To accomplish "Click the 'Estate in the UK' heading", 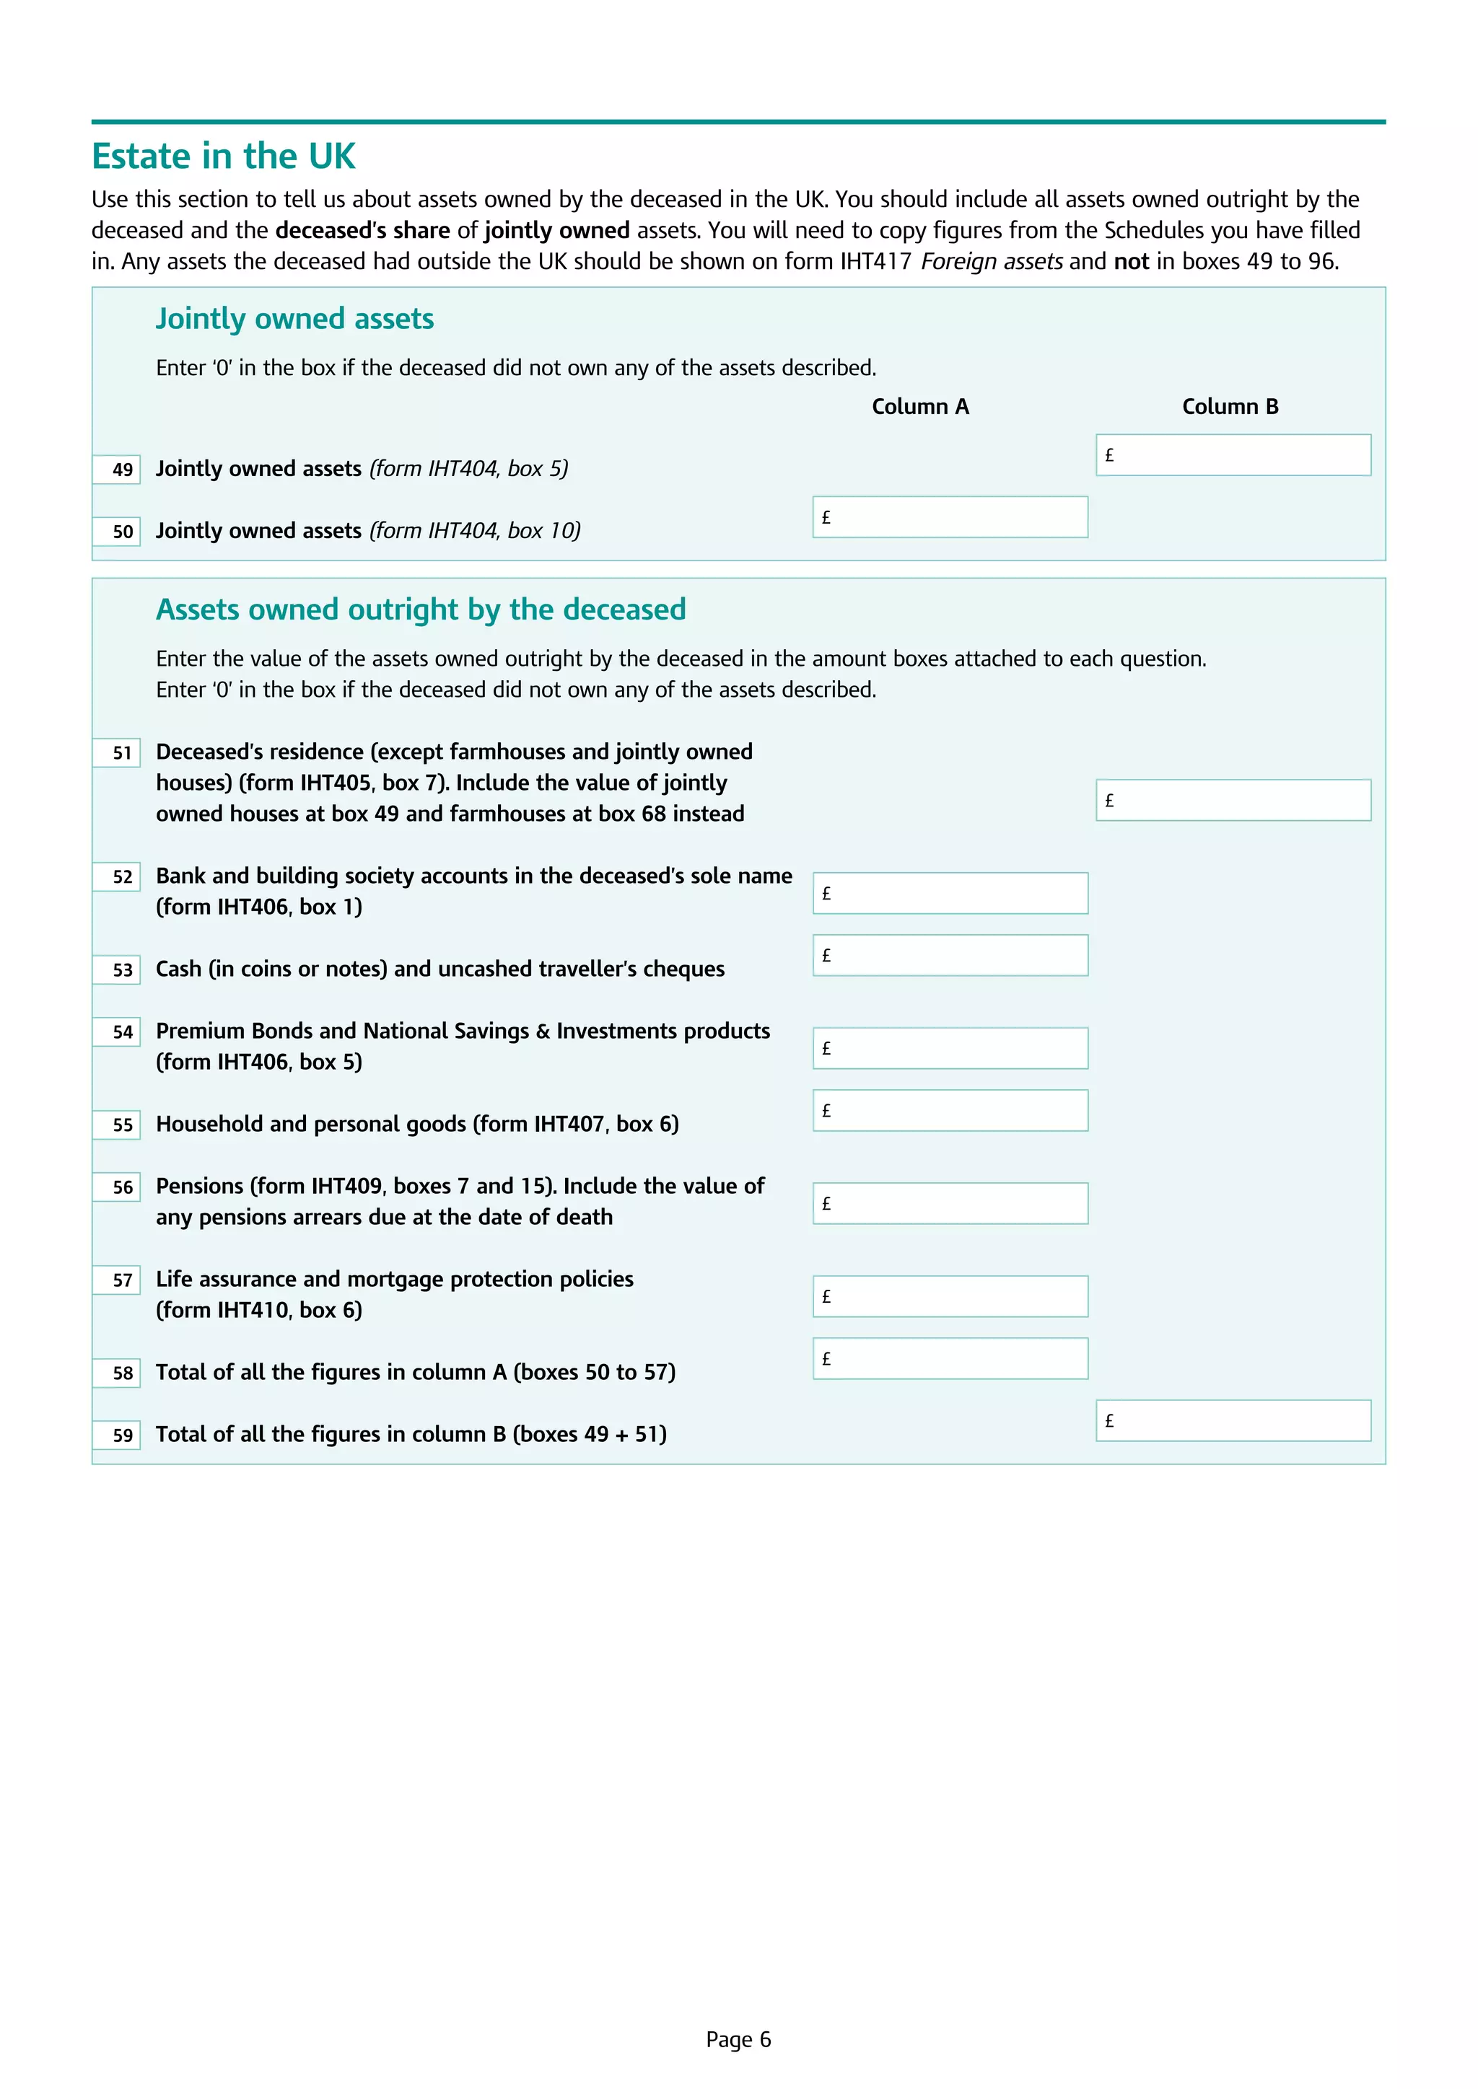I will pyautogui.click(x=223, y=157).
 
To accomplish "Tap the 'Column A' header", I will pyautogui.click(x=920, y=407).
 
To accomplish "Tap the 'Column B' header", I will pyautogui.click(x=1230, y=407).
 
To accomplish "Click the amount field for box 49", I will pyautogui.click(x=1233, y=455).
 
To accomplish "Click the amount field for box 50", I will pyautogui.click(x=950, y=516).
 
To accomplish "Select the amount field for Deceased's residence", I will pyautogui.click(x=1233, y=801).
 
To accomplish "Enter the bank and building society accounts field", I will pyautogui.click(x=950, y=894).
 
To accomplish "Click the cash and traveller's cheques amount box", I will pyautogui.click(x=950, y=955).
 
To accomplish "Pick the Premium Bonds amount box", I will pyautogui.click(x=950, y=1048).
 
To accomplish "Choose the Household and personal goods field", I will pyautogui.click(x=950, y=1110).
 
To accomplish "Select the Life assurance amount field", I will pyautogui.click(x=950, y=1296).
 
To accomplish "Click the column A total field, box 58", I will pyautogui.click(x=950, y=1358).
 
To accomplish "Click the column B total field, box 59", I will pyautogui.click(x=1233, y=1420).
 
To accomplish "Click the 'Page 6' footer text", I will pyautogui.click(x=738, y=2040).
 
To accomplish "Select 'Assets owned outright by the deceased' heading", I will pyautogui.click(x=421, y=610).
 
